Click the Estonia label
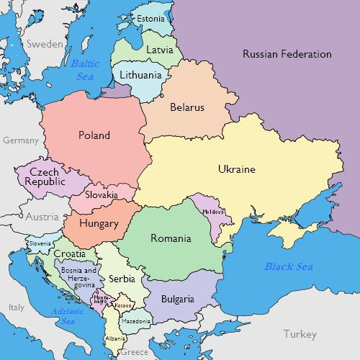(x=150, y=18)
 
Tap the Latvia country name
(x=159, y=50)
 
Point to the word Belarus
(x=187, y=107)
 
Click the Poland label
(x=94, y=135)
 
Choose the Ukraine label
(x=236, y=169)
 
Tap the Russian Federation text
(x=287, y=54)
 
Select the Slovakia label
(x=102, y=195)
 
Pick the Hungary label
(x=99, y=223)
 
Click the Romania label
(x=171, y=238)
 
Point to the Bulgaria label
(x=177, y=299)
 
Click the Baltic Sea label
(x=85, y=70)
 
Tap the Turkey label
(x=300, y=334)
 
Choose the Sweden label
(x=45, y=44)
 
